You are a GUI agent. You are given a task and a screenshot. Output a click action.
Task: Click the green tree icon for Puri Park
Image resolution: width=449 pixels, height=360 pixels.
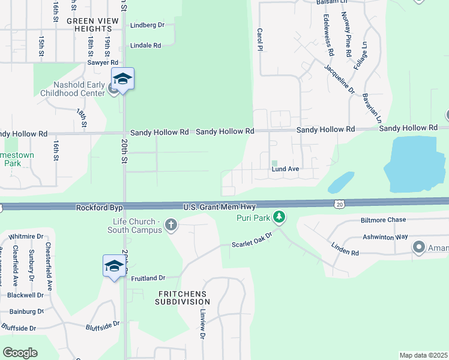pos(279,216)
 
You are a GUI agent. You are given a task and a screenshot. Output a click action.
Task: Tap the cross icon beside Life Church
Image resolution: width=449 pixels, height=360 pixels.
pos(171,226)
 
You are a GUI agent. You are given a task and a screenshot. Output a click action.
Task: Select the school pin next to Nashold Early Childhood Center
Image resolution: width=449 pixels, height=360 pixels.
pos(122,80)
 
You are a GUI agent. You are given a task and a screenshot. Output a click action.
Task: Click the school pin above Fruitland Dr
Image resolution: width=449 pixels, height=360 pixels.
pos(114,266)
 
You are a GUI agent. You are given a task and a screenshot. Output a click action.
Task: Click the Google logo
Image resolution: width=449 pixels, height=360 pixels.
pos(20,353)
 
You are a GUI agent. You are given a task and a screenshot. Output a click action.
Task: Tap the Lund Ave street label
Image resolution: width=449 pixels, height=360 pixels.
pos(285,169)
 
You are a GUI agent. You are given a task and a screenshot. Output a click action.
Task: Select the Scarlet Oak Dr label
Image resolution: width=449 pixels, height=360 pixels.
pos(252,244)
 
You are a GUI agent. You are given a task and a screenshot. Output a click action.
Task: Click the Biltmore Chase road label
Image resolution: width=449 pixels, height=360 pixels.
pos(384,220)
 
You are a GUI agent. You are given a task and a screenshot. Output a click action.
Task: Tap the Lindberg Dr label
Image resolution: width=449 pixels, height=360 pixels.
pos(147,26)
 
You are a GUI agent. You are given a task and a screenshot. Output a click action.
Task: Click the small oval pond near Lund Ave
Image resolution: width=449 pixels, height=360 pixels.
pos(341,182)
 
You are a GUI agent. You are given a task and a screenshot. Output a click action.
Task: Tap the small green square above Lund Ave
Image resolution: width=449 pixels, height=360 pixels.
pos(274,163)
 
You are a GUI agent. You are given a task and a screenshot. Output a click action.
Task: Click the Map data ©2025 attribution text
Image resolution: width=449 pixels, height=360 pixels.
pos(424,355)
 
